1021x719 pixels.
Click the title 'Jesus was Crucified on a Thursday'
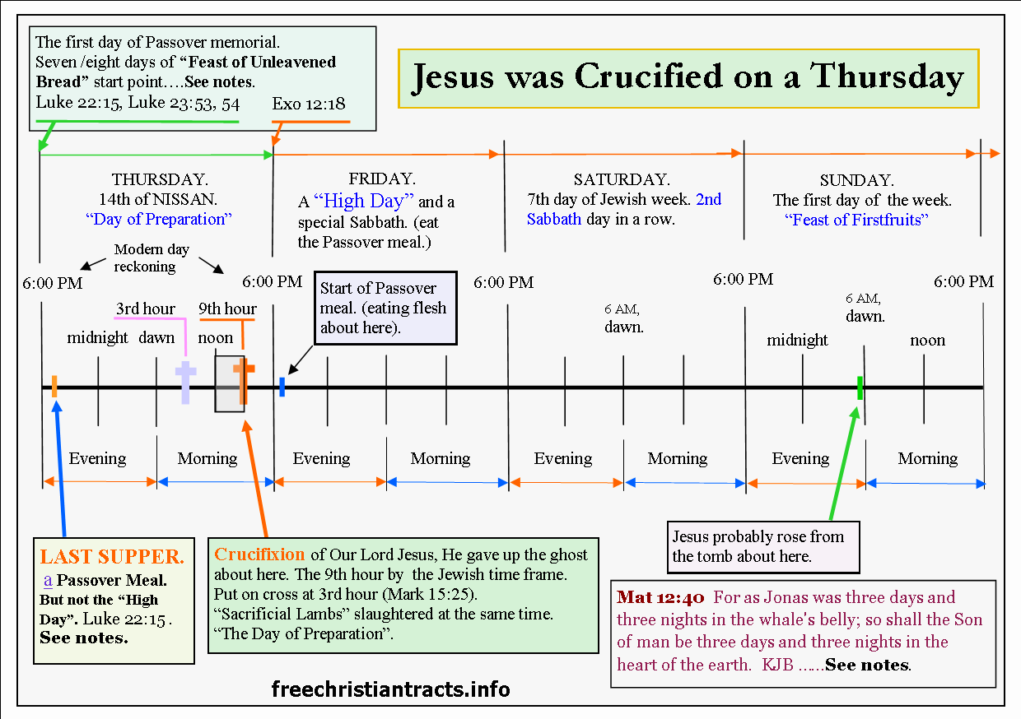pyautogui.click(x=688, y=77)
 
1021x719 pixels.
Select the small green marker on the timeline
pyautogui.click(x=860, y=387)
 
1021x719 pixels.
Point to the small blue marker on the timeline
pyautogui.click(x=282, y=387)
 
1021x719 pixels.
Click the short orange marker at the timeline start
pyautogui.click(x=54, y=386)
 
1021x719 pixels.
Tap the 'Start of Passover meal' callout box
pyautogui.click(x=384, y=308)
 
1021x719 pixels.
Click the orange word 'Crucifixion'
pyautogui.click(x=259, y=554)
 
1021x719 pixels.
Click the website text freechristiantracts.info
pyautogui.click(x=391, y=689)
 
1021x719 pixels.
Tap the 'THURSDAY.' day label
pyautogui.click(x=160, y=179)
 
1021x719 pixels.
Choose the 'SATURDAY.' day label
pyautogui.click(x=622, y=179)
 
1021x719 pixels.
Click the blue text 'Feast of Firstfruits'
pyautogui.click(x=856, y=220)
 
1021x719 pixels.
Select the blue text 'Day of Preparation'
pyautogui.click(x=160, y=219)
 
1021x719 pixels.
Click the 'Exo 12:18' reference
pyautogui.click(x=309, y=104)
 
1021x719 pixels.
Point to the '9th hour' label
pyautogui.click(x=228, y=308)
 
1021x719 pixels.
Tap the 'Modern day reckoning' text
pyautogui.click(x=152, y=257)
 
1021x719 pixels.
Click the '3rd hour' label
pyautogui.click(x=146, y=308)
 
